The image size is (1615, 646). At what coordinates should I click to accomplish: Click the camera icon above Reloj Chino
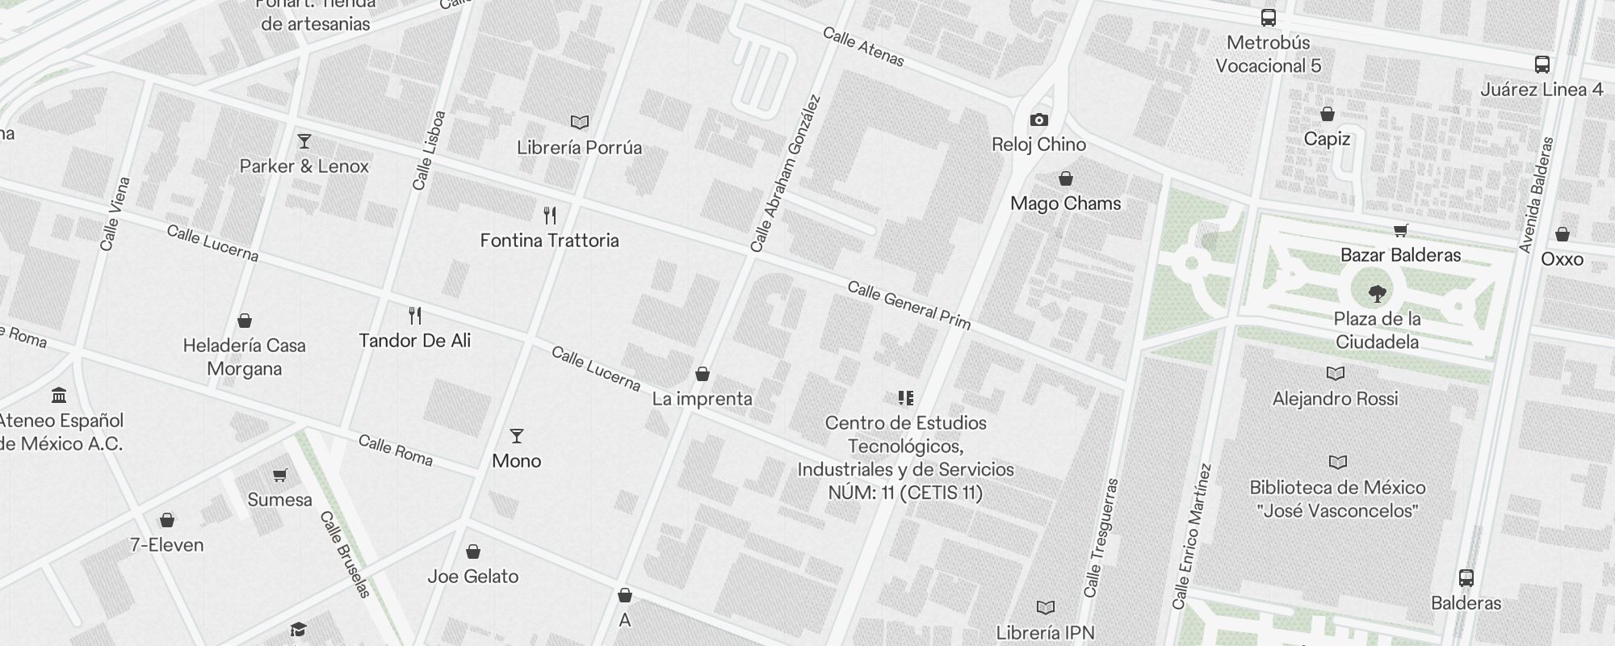1039,120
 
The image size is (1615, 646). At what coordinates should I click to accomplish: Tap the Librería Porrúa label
579,148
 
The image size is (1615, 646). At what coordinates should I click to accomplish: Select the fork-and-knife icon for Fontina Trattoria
550,216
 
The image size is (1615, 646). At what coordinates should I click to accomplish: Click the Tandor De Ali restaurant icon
415,315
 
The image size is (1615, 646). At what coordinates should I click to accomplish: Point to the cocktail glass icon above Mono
517,436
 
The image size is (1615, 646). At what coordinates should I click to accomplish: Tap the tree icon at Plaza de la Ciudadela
1378,293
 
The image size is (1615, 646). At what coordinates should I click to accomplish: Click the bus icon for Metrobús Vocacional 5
1269,18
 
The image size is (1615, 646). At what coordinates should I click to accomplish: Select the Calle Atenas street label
863,46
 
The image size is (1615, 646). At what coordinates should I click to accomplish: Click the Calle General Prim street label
908,304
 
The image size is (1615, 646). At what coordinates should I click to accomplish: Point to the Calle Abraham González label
785,174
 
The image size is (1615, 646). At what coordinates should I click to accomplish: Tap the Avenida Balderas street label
1536,195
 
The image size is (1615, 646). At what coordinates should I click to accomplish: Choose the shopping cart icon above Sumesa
279,475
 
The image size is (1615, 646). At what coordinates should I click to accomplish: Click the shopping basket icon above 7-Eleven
167,519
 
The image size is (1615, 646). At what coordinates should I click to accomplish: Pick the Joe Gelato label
472,577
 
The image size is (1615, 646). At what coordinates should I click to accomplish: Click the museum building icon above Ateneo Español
59,395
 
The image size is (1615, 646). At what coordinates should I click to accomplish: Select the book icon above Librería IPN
1046,607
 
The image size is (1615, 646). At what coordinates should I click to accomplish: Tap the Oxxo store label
1562,259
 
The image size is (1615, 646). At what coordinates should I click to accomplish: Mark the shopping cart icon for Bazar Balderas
1401,230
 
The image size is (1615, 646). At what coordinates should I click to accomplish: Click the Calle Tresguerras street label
1101,537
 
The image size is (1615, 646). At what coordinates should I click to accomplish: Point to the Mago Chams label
1065,203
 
